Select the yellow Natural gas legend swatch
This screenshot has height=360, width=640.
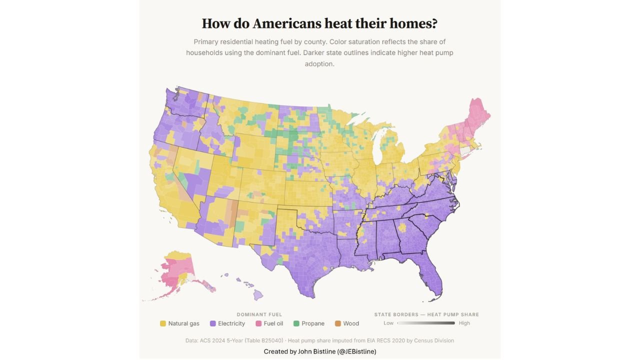coord(162,323)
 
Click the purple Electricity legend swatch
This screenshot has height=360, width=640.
coord(212,323)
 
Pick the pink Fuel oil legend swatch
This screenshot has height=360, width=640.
coord(258,323)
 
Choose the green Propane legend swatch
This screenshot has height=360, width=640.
coord(296,323)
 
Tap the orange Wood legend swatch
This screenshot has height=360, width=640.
coord(338,323)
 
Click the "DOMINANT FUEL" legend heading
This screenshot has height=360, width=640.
coord(259,314)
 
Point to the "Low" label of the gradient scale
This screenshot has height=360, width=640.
coord(388,323)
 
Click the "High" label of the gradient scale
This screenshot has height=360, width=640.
coord(464,323)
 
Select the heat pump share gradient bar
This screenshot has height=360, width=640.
coord(426,323)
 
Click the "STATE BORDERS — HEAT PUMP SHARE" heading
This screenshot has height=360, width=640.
coord(426,314)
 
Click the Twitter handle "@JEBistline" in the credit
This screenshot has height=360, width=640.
coord(356,351)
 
